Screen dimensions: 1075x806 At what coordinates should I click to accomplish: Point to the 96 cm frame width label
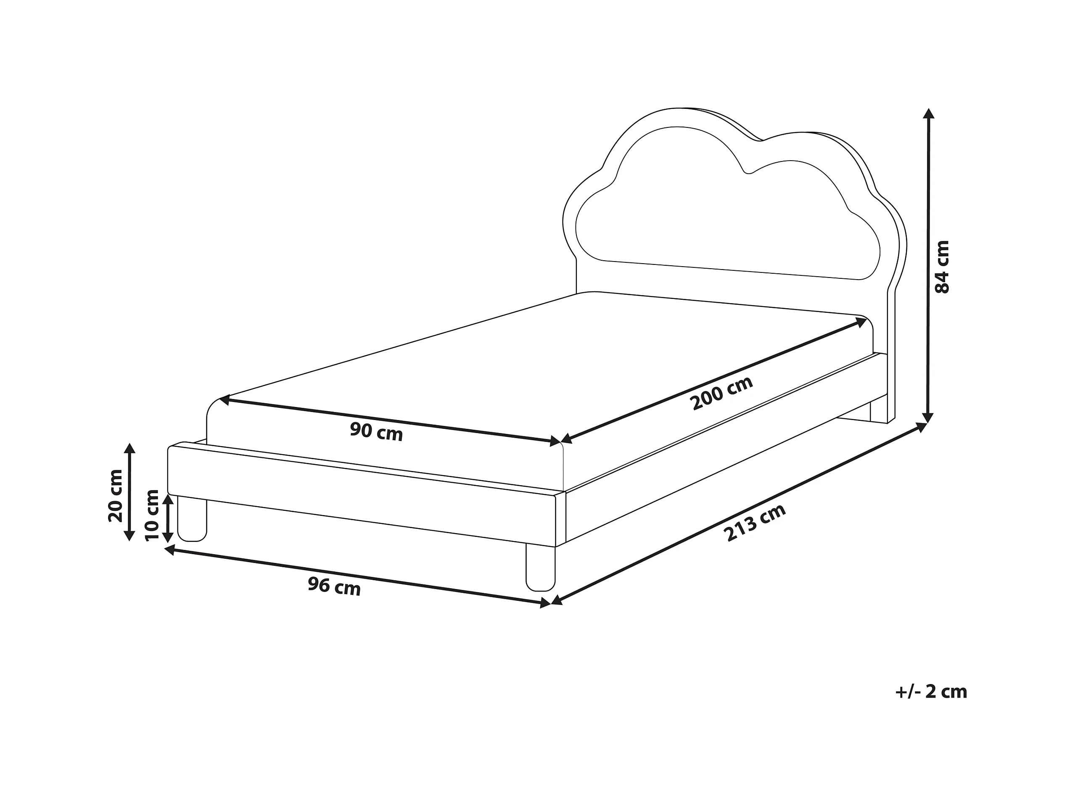[334, 586]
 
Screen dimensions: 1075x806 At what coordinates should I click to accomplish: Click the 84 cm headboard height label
[942, 267]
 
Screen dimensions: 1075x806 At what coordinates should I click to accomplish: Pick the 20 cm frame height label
[116, 496]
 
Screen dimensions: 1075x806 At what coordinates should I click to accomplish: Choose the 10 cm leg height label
[152, 515]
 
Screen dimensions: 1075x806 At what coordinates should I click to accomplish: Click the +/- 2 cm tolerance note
[931, 691]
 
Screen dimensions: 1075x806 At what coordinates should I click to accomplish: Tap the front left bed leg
[192, 520]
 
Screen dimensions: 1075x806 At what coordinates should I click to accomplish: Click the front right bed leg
[540, 567]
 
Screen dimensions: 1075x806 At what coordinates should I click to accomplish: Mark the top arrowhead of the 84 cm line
[929, 114]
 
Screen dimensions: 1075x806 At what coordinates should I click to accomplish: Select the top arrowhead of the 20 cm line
[129, 449]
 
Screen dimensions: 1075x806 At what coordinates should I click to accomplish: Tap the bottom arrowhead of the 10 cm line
[168, 536]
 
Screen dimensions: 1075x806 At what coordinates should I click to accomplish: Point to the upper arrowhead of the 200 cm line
[861, 321]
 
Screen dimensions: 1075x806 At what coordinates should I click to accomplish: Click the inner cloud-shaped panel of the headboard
[729, 219]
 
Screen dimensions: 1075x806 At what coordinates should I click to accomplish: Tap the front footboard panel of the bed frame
[362, 496]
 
